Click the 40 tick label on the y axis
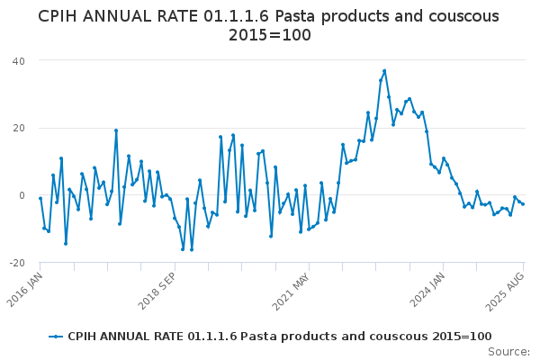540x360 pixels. (x=18, y=60)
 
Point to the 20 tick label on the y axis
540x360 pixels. (x=18, y=128)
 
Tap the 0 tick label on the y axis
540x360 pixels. (x=22, y=195)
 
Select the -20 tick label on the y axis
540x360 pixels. (x=16, y=263)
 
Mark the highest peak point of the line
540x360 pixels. (x=384, y=70)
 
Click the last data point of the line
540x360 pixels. (x=523, y=204)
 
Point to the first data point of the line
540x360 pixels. (x=40, y=198)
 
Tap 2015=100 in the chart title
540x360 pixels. (x=270, y=36)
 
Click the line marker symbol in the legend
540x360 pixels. (x=56, y=337)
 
